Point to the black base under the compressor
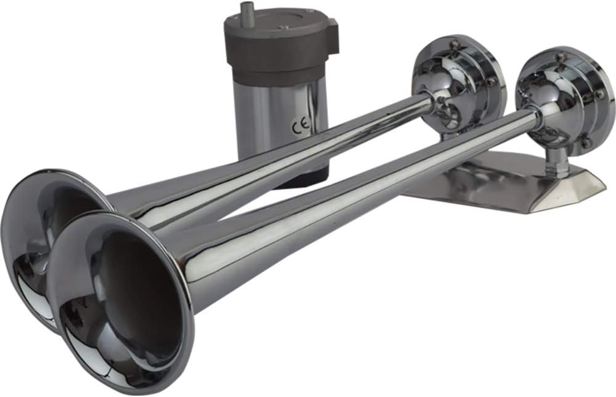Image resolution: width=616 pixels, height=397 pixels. (302, 180)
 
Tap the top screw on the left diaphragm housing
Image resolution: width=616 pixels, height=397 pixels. (454, 44)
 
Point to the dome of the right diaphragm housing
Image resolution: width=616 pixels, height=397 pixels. (542, 92)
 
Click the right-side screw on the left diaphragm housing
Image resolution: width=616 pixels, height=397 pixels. (490, 81)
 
